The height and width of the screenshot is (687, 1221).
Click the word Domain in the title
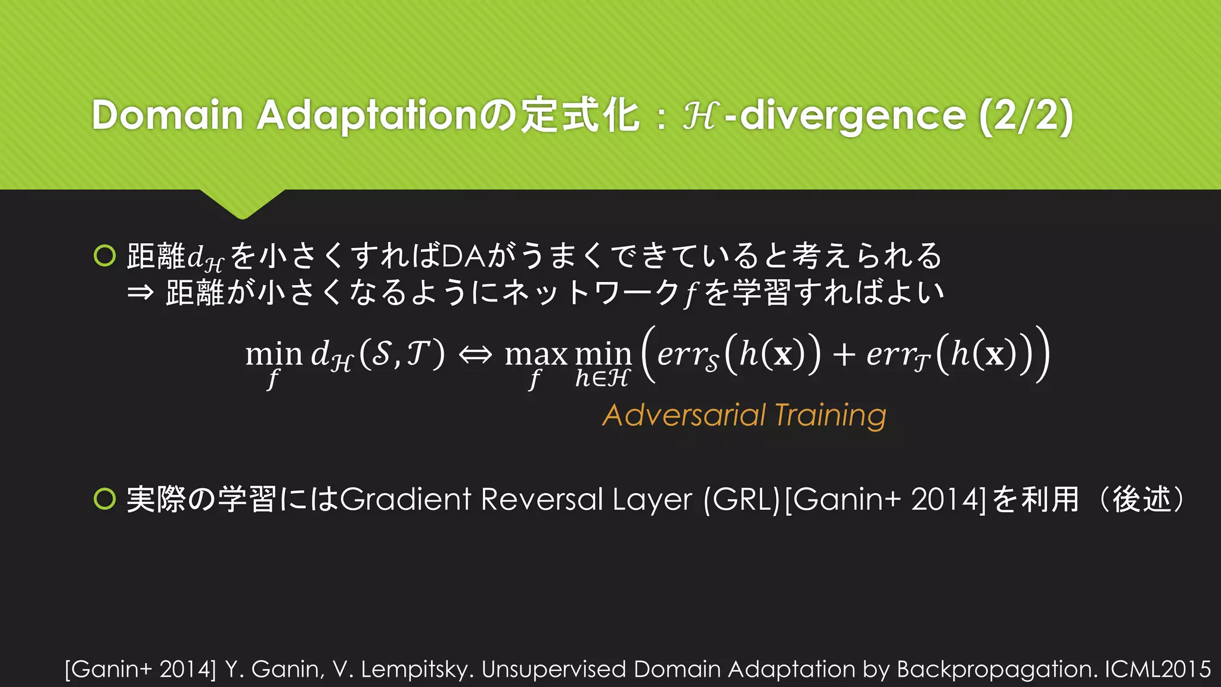coord(168,114)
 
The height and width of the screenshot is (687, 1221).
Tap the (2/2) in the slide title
coord(1026,114)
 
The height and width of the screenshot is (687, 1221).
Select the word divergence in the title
coord(853,116)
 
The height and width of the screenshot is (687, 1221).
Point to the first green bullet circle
coord(105,256)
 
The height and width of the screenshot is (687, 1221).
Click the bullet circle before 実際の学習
coord(105,499)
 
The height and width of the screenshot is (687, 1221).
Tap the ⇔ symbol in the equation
coord(475,355)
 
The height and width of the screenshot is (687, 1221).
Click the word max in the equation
coord(536,355)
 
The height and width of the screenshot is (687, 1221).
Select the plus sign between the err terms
coord(844,354)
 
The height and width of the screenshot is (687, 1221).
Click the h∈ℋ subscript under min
coord(602,378)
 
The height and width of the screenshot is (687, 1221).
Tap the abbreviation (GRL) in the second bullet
coord(742,500)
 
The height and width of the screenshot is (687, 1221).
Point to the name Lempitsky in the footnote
coord(417,670)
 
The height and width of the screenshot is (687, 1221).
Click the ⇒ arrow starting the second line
coord(141,293)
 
